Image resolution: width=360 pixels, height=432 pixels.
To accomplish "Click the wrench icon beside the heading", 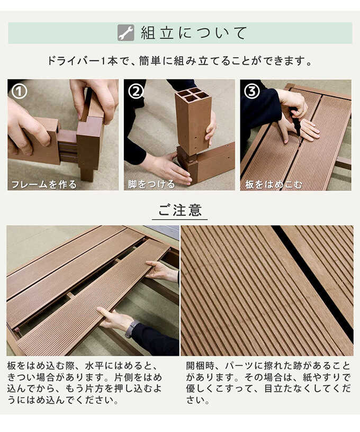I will coord(125,33).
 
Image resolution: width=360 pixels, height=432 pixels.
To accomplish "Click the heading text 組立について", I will coord(194,33).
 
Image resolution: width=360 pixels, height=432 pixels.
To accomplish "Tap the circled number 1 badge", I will coord(20,92).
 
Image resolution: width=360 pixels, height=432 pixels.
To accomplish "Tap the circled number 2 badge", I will coord(136,92).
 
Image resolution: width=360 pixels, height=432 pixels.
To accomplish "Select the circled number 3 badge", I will coord(252,92).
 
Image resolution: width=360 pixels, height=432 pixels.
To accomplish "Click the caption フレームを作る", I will coord(44,184).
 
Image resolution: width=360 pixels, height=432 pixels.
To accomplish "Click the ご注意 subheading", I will coord(180,210).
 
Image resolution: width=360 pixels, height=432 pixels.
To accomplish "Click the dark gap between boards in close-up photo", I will coord(312,275).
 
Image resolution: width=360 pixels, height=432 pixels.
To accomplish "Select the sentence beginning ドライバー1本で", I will coord(180,61).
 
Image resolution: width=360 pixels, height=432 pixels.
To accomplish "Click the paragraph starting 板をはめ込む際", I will coord(85,383).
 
